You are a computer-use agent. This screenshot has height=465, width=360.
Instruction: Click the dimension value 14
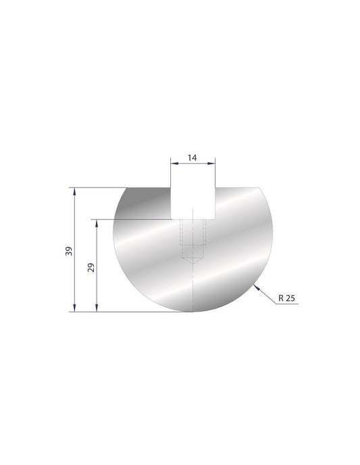192,158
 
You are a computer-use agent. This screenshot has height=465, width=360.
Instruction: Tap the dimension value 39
68,251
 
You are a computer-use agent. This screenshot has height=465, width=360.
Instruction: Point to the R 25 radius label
286,297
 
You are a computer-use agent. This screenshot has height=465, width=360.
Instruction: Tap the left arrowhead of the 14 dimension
172,163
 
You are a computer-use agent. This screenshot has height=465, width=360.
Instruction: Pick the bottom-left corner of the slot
170,219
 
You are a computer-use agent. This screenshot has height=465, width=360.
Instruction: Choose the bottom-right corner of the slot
215,219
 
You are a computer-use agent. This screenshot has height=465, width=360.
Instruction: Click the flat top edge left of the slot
149,188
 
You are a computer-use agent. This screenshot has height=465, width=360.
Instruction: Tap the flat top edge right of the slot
236,188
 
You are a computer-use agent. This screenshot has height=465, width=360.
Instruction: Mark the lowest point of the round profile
192,312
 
